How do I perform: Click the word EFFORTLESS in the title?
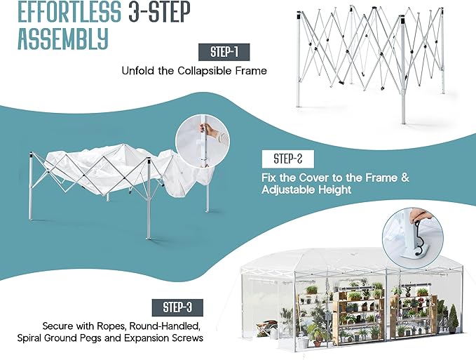[x=69, y=11]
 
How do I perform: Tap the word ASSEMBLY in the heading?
[x=63, y=39]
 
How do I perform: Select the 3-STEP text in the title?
[x=160, y=11]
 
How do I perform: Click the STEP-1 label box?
[x=224, y=52]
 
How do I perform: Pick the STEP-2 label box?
[x=288, y=159]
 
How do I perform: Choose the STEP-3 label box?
[x=177, y=307]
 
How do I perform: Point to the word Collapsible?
[x=205, y=71]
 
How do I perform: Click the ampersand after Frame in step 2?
[x=405, y=178]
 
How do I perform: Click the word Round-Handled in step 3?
[x=165, y=326]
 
